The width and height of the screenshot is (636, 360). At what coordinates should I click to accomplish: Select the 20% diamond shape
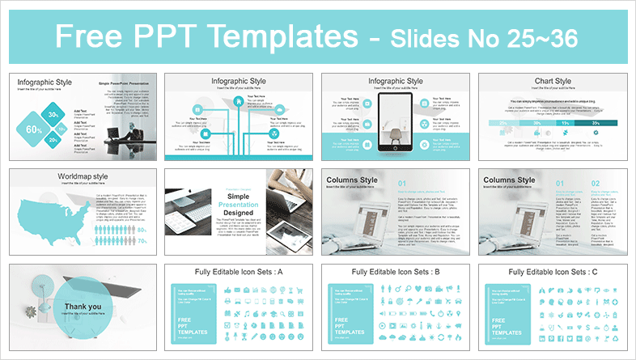click(x=53, y=141)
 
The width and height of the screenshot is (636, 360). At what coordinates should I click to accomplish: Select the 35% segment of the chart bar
click(x=595, y=122)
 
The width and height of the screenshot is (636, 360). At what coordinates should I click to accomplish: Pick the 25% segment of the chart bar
click(x=503, y=122)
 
